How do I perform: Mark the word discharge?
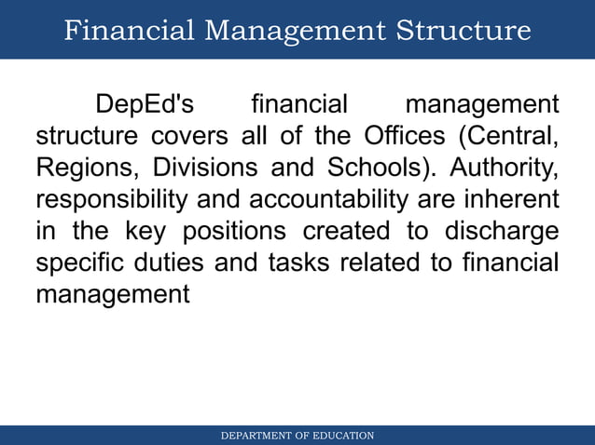(505, 232)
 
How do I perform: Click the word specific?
(78, 263)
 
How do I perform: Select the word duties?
(171, 263)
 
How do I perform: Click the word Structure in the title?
(464, 31)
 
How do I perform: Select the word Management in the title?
(297, 31)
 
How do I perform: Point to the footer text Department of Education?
(297, 436)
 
